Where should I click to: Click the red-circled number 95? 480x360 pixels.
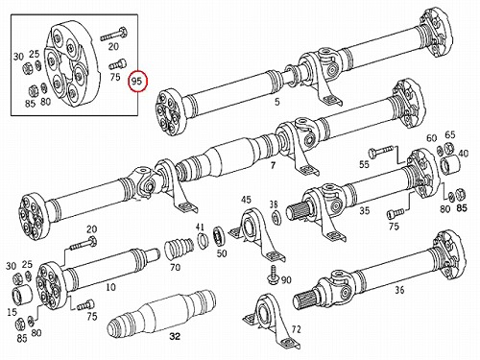pyautogui.click(x=136, y=82)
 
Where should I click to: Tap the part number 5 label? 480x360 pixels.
pyautogui.click(x=277, y=102)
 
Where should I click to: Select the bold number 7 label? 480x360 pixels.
pyautogui.click(x=273, y=165)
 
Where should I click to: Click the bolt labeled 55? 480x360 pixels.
pyautogui.click(x=381, y=151)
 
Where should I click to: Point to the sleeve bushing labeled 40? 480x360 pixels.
pyautogui.click(x=449, y=165)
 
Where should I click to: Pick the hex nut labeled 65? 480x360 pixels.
pyautogui.click(x=449, y=148)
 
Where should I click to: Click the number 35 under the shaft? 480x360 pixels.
pyautogui.click(x=364, y=210)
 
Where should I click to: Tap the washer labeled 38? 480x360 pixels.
pyautogui.click(x=276, y=218)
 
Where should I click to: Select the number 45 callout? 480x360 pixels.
pyautogui.click(x=246, y=200)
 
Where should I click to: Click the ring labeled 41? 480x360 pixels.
pyautogui.click(x=203, y=242)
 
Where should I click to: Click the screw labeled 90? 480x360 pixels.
pyautogui.click(x=272, y=275)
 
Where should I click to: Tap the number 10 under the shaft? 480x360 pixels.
pyautogui.click(x=110, y=287)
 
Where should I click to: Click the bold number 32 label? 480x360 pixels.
pyautogui.click(x=175, y=336)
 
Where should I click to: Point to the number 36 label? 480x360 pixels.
pyautogui.click(x=399, y=290)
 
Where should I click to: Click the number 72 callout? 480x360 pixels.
pyautogui.click(x=296, y=329)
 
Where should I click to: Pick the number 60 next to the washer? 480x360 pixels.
pyautogui.click(x=432, y=138)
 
